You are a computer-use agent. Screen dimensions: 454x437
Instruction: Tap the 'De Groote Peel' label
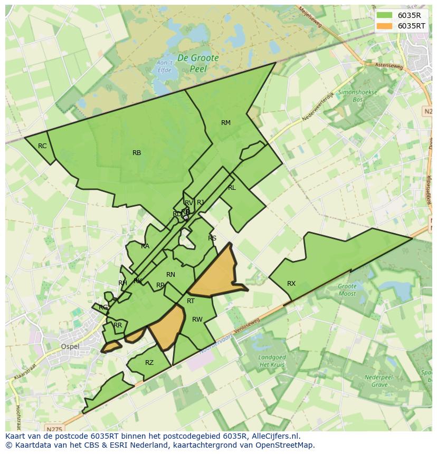pyautogui.click(x=198, y=63)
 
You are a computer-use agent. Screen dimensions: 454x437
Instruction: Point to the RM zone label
pyautogui.click(x=226, y=123)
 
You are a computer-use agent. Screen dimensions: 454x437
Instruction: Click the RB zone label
pyautogui.click(x=137, y=153)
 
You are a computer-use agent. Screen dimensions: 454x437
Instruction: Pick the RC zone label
pyautogui.click(x=42, y=146)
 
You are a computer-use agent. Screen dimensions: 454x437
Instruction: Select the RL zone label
pyautogui.click(x=232, y=188)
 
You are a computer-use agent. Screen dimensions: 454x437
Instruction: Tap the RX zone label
pyautogui.click(x=291, y=284)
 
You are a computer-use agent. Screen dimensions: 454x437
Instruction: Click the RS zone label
pyautogui.click(x=212, y=238)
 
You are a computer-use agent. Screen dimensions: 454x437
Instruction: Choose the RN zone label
pyautogui.click(x=170, y=275)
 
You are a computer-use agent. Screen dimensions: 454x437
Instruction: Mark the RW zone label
pyautogui.click(x=197, y=320)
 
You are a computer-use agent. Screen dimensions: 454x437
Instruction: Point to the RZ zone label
pyautogui.click(x=149, y=363)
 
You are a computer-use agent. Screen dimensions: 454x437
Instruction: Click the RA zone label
pyautogui.click(x=145, y=246)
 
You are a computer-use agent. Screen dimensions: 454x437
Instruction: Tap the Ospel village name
pyautogui.click(x=70, y=346)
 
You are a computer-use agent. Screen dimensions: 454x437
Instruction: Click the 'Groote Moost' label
pyautogui.click(x=347, y=290)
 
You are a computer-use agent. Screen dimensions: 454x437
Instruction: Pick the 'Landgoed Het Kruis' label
pyautogui.click(x=272, y=361)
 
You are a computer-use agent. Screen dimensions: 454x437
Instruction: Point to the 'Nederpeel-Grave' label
pyautogui.click(x=372, y=381)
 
